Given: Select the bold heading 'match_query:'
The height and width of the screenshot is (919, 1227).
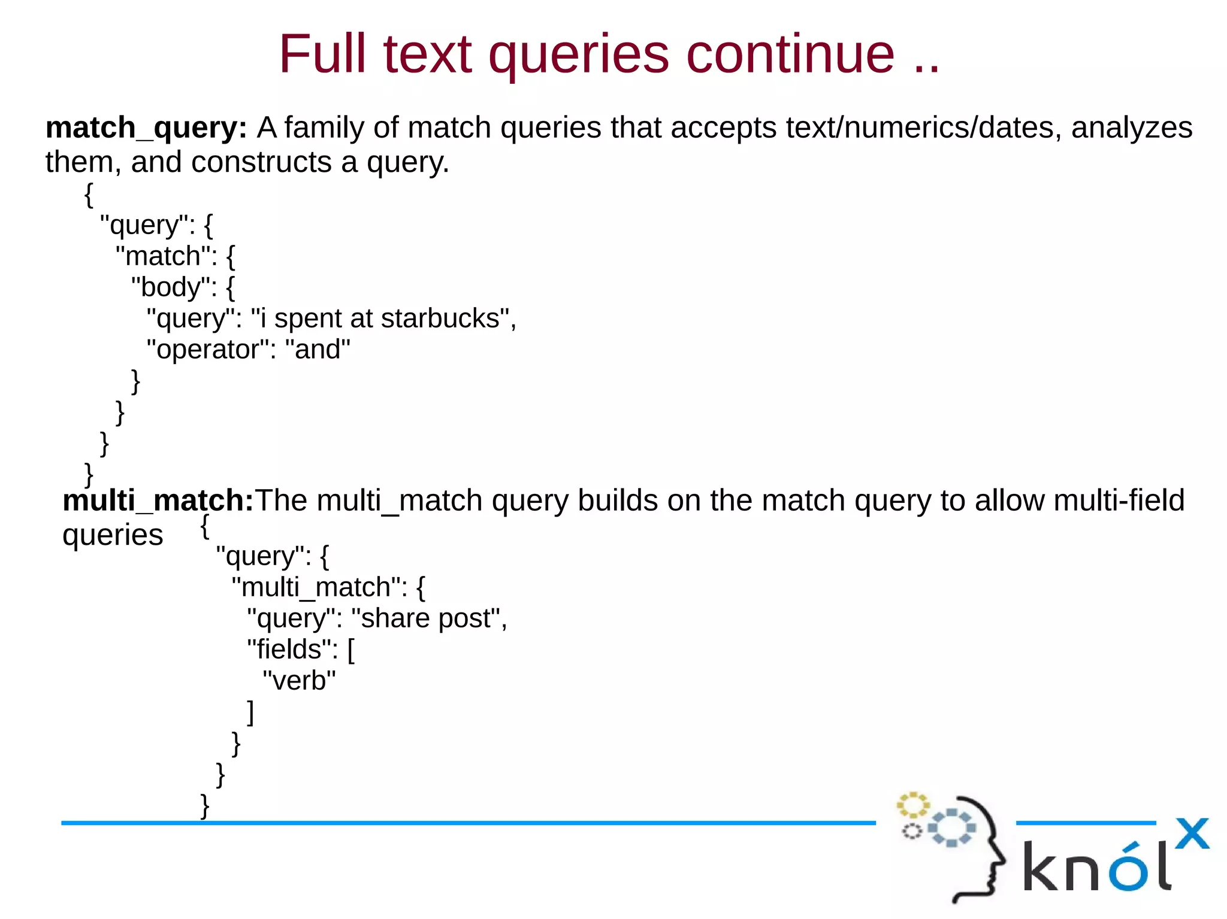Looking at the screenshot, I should pyautogui.click(x=146, y=128).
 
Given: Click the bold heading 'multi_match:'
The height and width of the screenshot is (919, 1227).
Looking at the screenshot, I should pyautogui.click(x=158, y=500).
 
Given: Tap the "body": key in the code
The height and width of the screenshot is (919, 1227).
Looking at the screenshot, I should pyautogui.click(x=174, y=287).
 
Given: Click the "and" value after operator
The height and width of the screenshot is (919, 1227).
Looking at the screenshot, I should pyautogui.click(x=318, y=350).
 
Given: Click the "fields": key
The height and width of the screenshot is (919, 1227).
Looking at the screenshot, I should pyautogui.click(x=292, y=650).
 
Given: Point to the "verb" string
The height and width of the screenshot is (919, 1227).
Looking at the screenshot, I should pyautogui.click(x=299, y=681).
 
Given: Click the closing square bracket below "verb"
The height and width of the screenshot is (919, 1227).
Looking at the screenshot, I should pyautogui.click(x=250, y=712).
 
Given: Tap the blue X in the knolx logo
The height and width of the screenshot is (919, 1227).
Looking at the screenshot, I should pyautogui.click(x=1192, y=833).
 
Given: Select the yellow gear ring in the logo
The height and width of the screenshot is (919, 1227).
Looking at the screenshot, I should pyautogui.click(x=912, y=805).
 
